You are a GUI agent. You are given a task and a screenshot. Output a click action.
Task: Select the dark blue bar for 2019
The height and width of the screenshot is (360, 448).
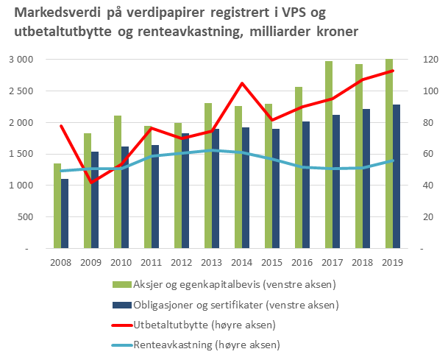click(397, 177)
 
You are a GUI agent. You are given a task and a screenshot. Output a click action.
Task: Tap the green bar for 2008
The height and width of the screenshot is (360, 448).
click(57, 206)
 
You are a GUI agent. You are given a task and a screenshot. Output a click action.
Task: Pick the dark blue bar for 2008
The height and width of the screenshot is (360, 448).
click(65, 213)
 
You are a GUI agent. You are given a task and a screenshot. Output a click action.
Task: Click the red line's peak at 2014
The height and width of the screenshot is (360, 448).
click(242, 83)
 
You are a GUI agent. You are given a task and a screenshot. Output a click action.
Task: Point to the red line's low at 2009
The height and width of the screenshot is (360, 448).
click(91, 183)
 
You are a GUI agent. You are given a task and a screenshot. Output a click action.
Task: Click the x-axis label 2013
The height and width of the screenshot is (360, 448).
click(212, 262)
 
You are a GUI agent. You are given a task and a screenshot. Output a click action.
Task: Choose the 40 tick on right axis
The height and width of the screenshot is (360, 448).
click(425, 186)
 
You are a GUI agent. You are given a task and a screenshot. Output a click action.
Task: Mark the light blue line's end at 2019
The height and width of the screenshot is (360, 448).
click(393, 160)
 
